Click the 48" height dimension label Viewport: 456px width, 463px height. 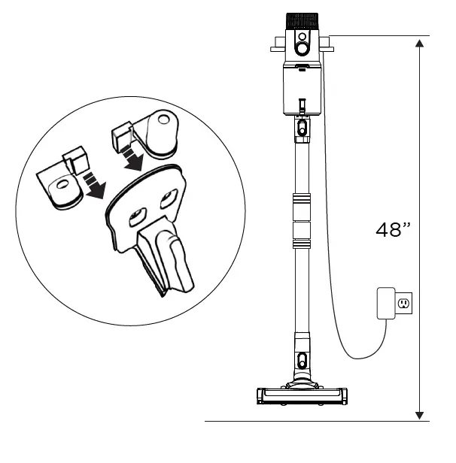(x=391, y=230)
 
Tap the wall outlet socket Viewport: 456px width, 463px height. (x=403, y=304)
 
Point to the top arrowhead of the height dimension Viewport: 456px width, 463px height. (x=419, y=41)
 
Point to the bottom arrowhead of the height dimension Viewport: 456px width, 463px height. (x=419, y=415)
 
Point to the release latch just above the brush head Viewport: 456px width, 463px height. (x=302, y=359)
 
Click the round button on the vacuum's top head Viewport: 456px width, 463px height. (x=302, y=47)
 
